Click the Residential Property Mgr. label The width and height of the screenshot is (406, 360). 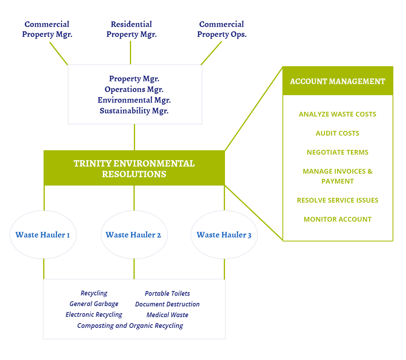coord(132,29)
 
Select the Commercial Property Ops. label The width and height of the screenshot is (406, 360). coord(222,29)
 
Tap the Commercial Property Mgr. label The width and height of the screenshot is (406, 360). coord(47,29)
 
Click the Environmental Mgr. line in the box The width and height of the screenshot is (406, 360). coord(134,100)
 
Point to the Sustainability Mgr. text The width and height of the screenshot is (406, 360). coord(134,111)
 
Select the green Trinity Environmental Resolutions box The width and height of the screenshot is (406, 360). coord(134,168)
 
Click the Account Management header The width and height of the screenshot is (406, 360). coord(337,81)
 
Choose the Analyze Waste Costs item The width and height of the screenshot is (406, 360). coord(337,114)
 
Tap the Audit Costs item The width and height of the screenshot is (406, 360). coord(337,133)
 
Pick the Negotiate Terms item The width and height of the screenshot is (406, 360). coord(337,152)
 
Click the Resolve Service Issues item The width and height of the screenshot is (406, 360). coord(337,200)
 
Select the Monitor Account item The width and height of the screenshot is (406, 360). coord(337,219)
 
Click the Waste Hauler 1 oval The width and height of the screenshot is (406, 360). coord(43,235)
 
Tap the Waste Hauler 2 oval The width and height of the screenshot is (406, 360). coord(133,235)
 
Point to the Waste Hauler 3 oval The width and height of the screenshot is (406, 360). coord(224,235)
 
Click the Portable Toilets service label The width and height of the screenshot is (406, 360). coord(167,293)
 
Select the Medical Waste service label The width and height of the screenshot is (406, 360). coord(167,315)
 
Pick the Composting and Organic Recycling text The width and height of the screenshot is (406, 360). coord(130,326)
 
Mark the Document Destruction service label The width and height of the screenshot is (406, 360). coord(167,304)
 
